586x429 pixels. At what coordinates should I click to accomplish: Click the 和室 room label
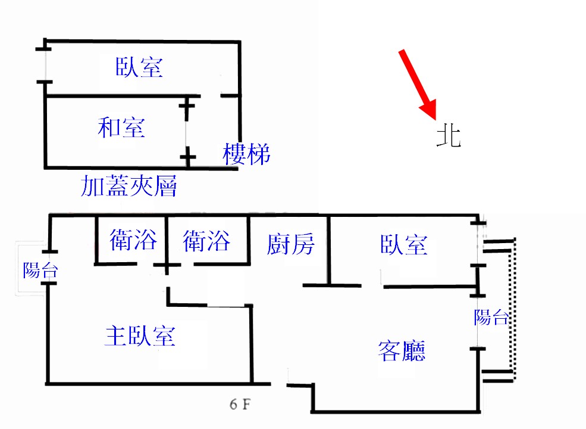[x=121, y=128]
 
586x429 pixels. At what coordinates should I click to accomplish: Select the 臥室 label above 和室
[x=139, y=67]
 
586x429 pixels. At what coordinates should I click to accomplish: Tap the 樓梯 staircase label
[x=247, y=154]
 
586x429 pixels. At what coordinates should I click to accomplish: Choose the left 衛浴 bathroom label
[x=134, y=241]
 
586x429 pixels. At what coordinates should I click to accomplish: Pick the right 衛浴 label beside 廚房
[x=206, y=241]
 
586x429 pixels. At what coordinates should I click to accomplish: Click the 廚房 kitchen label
[x=290, y=244]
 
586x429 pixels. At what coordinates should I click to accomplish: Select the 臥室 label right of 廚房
[x=403, y=244]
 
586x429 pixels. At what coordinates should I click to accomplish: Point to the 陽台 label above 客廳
[x=491, y=318]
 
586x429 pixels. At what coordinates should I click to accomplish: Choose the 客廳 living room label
[x=402, y=350]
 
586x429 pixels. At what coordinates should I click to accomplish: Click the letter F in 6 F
[x=245, y=405]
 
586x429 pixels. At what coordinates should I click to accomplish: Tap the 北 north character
[x=448, y=136]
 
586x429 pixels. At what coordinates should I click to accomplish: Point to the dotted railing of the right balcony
[x=514, y=310]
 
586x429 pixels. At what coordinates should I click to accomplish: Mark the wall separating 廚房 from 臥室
[x=328, y=250]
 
